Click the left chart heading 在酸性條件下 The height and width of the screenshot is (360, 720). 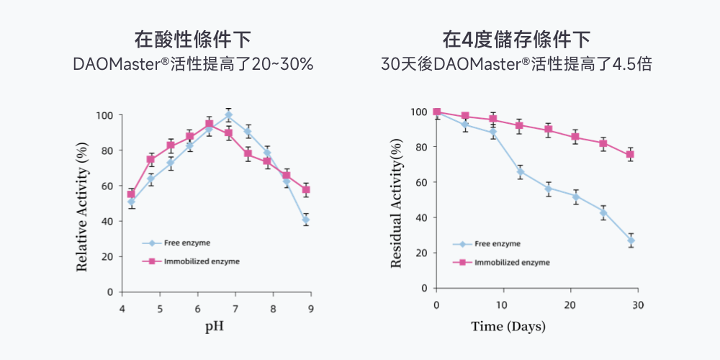pyautogui.click(x=193, y=39)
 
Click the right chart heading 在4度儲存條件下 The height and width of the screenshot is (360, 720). pyautogui.click(x=516, y=39)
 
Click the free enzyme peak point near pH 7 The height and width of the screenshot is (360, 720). pyautogui.click(x=228, y=115)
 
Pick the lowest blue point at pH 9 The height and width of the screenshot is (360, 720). pyautogui.click(x=306, y=220)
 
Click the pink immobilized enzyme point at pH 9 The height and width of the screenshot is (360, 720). pyautogui.click(x=306, y=190)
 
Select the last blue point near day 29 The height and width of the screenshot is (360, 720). pyautogui.click(x=631, y=240)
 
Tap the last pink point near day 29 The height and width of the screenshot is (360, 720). pyautogui.click(x=630, y=155)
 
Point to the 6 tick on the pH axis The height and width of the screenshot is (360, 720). pyautogui.click(x=197, y=309)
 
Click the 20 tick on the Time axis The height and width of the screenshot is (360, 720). pyautogui.click(x=570, y=305)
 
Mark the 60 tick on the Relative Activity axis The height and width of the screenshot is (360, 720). pyautogui.click(x=106, y=186)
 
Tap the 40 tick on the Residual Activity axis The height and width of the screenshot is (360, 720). pyautogui.click(x=420, y=217)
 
